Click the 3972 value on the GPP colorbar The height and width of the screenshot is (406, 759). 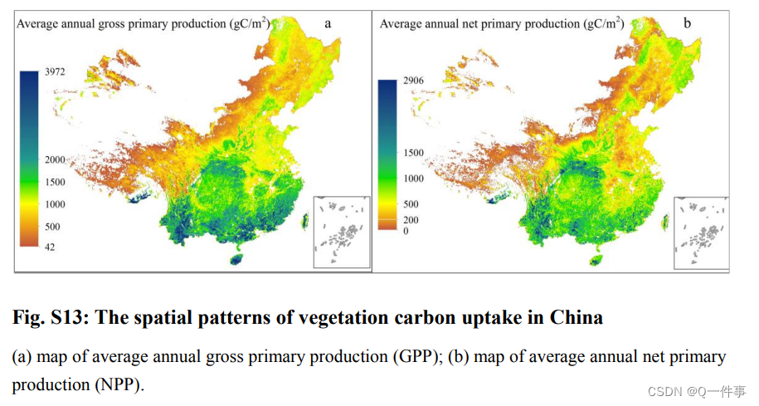point(55,71)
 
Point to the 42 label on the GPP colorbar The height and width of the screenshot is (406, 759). point(50,247)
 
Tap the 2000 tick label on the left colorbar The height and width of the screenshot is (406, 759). point(55,160)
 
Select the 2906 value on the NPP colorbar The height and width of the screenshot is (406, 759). point(413,81)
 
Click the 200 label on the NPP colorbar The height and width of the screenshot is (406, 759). point(411,220)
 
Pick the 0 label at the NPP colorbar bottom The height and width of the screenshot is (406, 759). point(406,231)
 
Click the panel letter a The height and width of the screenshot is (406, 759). point(328,23)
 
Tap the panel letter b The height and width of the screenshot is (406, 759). point(687,22)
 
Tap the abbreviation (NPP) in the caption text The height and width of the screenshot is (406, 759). point(119,385)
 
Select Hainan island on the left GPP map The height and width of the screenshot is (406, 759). point(236,259)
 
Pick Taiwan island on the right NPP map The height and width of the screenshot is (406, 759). point(666,222)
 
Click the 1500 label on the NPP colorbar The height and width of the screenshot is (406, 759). point(413,153)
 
